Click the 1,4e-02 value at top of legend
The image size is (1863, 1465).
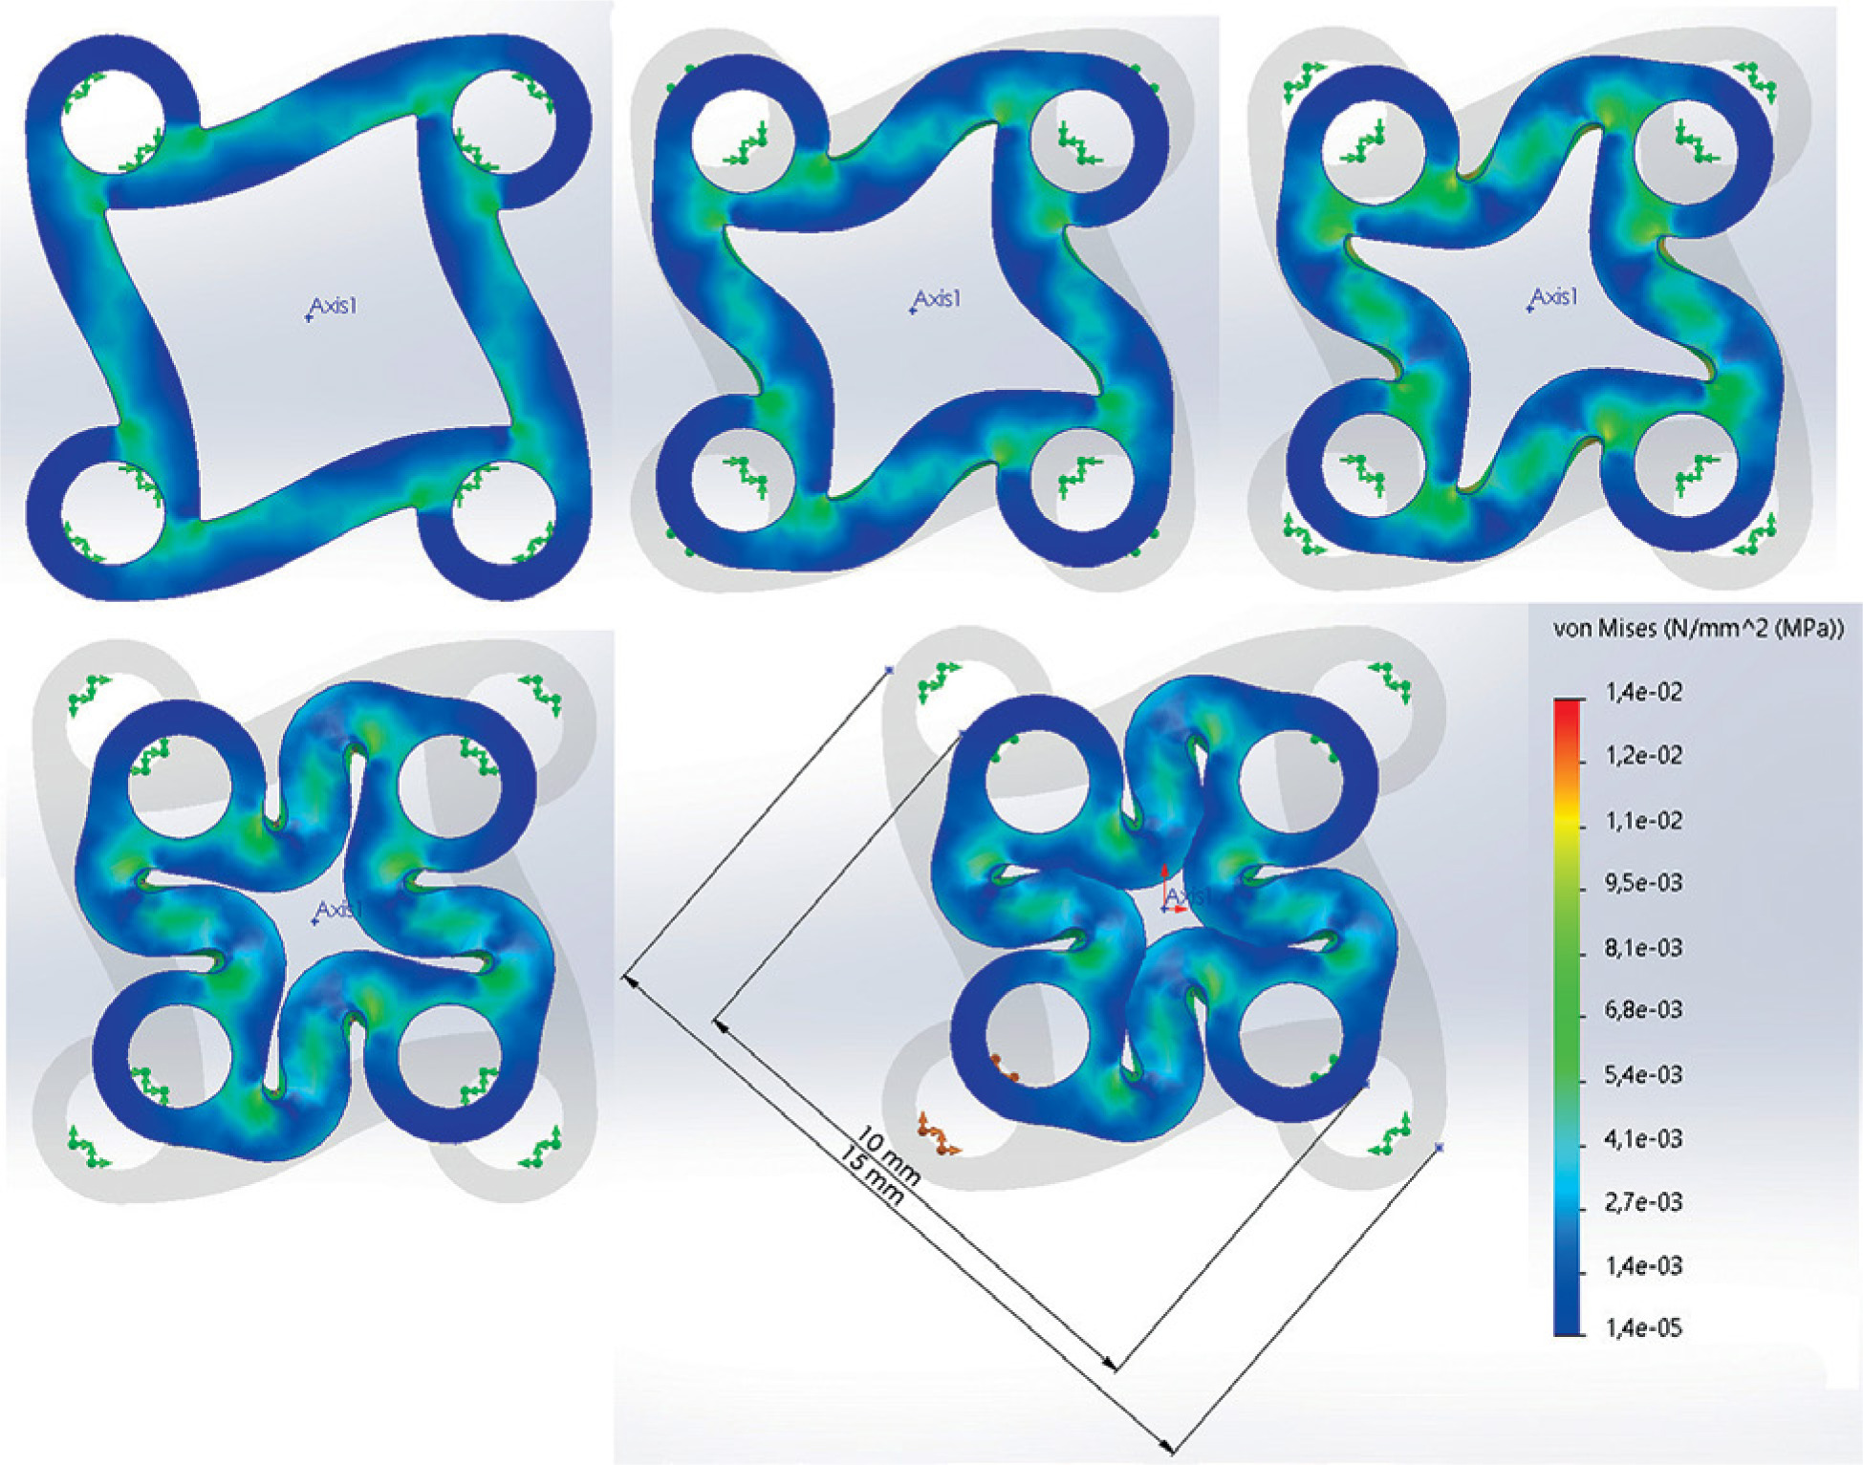pos(1643,692)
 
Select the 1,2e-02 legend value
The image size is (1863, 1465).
pos(1643,756)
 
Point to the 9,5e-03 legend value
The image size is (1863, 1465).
pos(1643,883)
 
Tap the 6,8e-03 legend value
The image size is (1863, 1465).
pos(1643,1010)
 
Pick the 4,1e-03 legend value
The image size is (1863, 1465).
pos(1643,1139)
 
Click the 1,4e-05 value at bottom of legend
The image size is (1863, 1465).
pos(1643,1328)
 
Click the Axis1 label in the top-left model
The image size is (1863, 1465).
pos(333,308)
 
